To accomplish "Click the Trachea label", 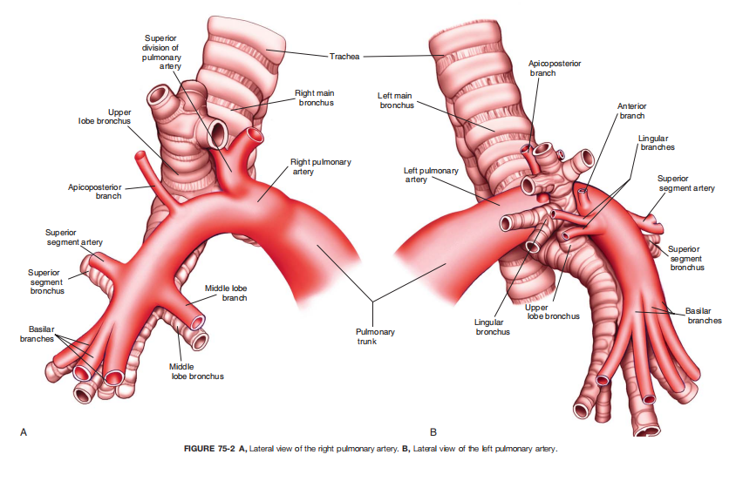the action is point(344,57).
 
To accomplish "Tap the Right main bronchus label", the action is point(315,98).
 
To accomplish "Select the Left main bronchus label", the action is point(397,100).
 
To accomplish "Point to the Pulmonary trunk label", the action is point(375,336).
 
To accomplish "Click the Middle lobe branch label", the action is point(226,293).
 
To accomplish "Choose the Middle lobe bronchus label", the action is point(197,371).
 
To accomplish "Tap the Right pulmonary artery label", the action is point(321,166).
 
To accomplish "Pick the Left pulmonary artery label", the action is point(431,175).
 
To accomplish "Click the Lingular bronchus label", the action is point(492,327).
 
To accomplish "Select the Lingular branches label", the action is point(656,143).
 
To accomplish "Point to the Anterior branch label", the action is point(632,111).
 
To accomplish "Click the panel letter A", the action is point(24,432).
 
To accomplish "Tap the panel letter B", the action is point(433,432).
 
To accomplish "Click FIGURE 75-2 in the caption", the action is point(209,449).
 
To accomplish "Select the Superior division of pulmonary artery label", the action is point(161,52).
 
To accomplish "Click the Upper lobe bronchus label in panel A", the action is point(105,117).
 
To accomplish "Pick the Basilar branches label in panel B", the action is point(704,315).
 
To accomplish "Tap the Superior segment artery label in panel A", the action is point(74,237).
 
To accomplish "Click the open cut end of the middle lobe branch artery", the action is point(198,322).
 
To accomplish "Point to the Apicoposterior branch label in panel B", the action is point(555,68).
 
